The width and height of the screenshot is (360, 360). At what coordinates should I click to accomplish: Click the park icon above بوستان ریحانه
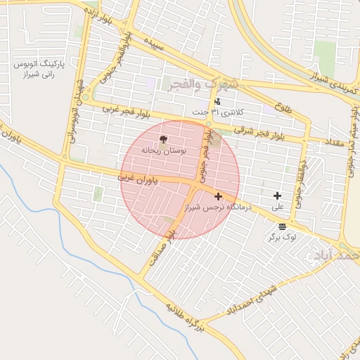pos(164,139)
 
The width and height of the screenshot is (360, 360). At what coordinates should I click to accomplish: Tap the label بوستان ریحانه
pos(163,150)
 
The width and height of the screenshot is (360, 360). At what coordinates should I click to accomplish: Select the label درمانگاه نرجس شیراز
pos(217,208)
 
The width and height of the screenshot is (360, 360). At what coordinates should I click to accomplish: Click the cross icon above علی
pos(277,195)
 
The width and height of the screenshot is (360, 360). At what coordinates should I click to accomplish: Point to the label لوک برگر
pos(281,238)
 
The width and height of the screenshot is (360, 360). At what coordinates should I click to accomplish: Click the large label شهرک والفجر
pos(203,84)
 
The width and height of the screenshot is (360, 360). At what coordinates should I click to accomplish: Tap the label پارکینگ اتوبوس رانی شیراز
pos(39,68)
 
